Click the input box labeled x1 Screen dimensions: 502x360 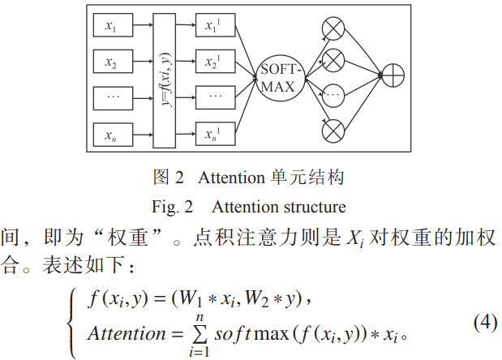[x=111, y=27]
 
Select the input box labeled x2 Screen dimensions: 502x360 [x=111, y=62]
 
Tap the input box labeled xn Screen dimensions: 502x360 [x=111, y=134]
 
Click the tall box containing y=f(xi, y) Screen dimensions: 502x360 [x=164, y=79]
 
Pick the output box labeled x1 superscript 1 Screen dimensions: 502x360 [x=214, y=27]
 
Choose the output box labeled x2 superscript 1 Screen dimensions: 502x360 [x=214, y=62]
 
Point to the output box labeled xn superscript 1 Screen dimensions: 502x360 [x=214, y=134]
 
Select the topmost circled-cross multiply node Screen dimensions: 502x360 [x=333, y=29]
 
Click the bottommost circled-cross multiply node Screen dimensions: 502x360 [x=333, y=128]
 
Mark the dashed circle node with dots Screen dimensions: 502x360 [x=333, y=92]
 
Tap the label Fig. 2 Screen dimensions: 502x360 [x=172, y=206]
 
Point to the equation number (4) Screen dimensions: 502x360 [x=484, y=322]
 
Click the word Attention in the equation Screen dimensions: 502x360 [x=126, y=333]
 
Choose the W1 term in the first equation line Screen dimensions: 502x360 [x=188, y=302]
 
